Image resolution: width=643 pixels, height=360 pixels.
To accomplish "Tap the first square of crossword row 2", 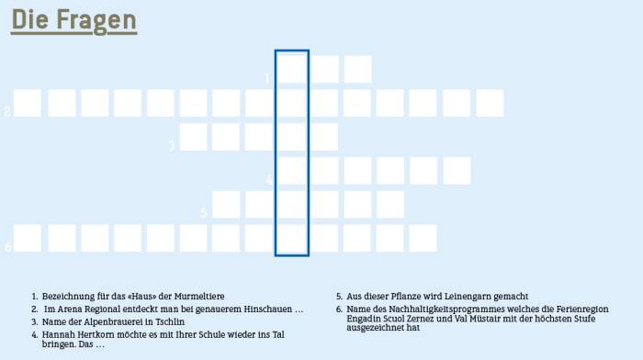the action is click(x=28, y=104).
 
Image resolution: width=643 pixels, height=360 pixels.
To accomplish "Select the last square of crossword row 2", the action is click(x=490, y=104).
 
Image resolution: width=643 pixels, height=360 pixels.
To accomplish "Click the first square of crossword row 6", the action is click(x=28, y=238).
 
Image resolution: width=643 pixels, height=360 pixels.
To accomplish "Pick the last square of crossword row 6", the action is click(x=423, y=238).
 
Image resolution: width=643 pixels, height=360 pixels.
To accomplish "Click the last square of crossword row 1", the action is click(x=358, y=69).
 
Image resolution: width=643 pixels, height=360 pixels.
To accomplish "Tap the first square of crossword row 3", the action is click(x=193, y=137).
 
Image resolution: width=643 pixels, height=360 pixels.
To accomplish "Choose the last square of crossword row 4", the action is click(x=457, y=171).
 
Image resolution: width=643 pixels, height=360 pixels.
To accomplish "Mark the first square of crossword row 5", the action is click(x=226, y=205).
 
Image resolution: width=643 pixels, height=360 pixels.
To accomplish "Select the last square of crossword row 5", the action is click(x=390, y=205).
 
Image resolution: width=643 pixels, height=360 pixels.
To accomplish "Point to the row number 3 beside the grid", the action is click(x=172, y=145).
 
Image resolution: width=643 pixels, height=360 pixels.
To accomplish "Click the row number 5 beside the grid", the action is click(x=203, y=212).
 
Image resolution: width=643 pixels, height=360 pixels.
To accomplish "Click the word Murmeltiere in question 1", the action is click(x=199, y=296).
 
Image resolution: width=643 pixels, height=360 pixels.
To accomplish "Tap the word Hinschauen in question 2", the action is click(x=268, y=309).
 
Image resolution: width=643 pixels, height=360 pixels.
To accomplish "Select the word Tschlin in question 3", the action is click(x=170, y=321).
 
